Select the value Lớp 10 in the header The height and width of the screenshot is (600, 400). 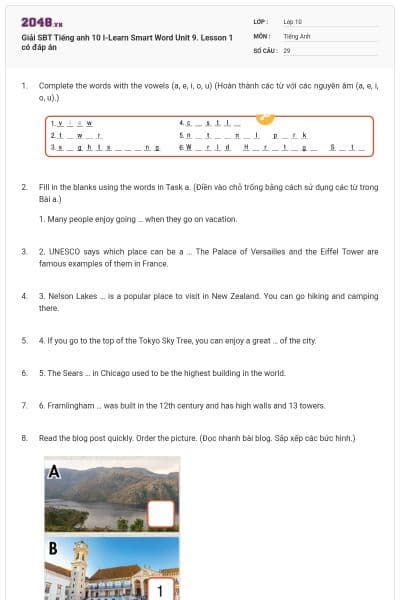tap(292, 21)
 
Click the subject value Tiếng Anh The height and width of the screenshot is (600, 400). tap(296, 35)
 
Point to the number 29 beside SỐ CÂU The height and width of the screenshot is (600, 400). tap(287, 49)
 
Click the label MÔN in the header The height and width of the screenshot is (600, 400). tap(262, 35)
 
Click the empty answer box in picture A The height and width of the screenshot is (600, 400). tap(161, 513)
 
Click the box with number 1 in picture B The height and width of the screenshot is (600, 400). tap(161, 589)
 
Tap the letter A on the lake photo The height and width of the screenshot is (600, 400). tap(53, 471)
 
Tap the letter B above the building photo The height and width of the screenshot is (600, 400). tap(53, 548)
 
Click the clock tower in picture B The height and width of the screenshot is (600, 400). tap(78, 565)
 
